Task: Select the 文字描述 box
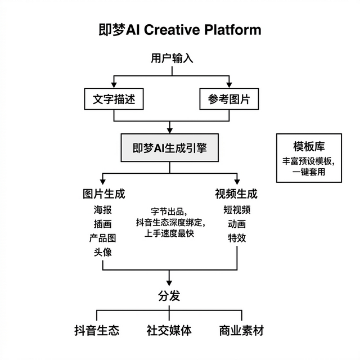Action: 114,99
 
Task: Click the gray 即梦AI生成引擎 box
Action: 169,148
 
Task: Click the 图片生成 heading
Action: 103,194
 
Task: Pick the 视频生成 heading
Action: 236,194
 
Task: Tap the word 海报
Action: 103,210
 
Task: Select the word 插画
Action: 103,224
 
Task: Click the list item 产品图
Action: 103,238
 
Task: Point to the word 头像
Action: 103,252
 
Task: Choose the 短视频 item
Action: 237,210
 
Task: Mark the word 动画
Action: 237,224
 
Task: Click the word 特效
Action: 237,238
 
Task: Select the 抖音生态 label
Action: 97,330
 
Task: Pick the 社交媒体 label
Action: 169,330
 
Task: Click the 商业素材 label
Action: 241,330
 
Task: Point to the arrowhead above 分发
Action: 169,281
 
